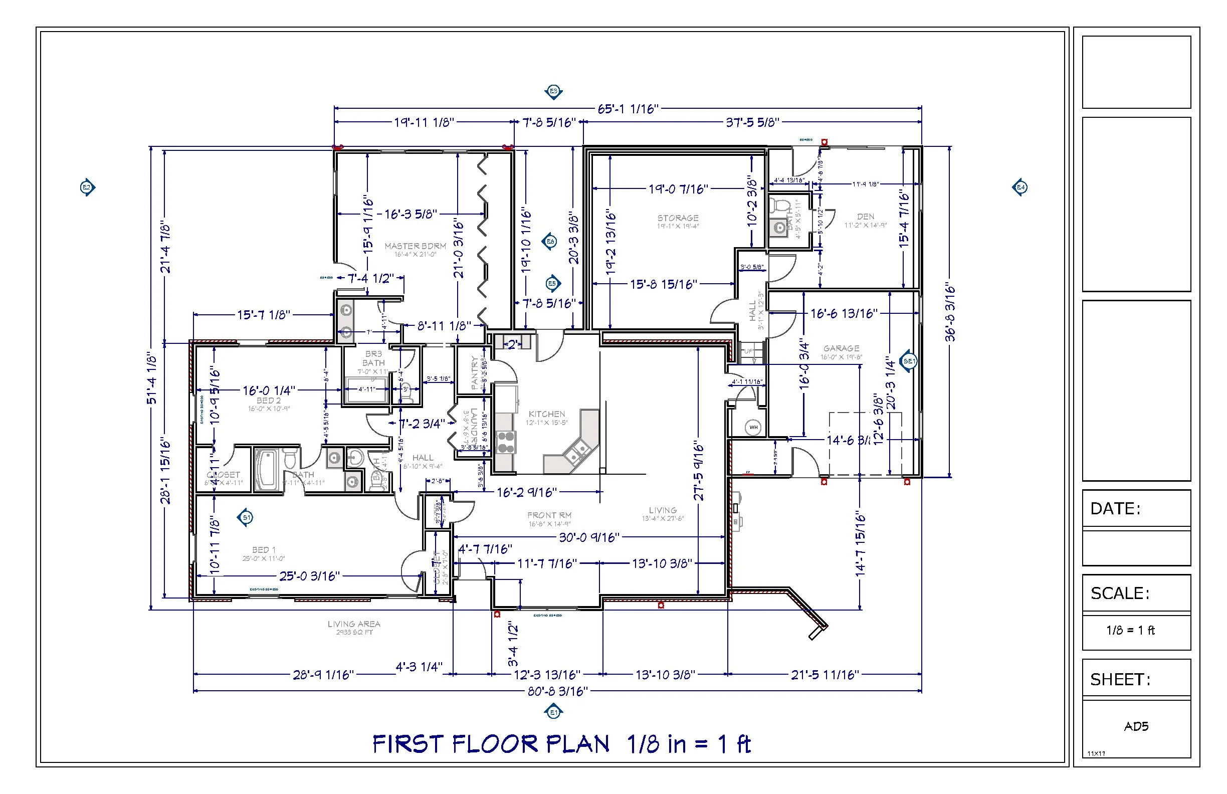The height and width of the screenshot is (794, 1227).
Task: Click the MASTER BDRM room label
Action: (x=415, y=247)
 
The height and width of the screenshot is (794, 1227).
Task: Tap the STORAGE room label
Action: (x=678, y=218)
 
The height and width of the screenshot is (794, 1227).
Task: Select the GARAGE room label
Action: (x=841, y=349)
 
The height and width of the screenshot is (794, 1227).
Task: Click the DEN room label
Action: (x=866, y=217)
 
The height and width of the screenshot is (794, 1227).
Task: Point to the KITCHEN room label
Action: (x=546, y=414)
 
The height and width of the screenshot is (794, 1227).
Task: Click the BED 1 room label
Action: (x=264, y=550)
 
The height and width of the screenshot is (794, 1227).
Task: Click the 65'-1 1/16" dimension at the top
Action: (x=629, y=109)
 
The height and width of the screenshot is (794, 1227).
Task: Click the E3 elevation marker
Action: (x=553, y=92)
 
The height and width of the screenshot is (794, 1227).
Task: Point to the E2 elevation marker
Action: (x=87, y=187)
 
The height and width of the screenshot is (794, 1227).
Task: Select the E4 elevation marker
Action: (x=1020, y=187)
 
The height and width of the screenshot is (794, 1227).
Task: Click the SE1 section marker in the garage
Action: (x=909, y=361)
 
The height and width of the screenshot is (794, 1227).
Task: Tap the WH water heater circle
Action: (x=753, y=428)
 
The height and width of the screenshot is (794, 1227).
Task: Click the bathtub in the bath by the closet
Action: (x=267, y=470)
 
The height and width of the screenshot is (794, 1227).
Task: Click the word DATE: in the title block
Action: (x=1115, y=509)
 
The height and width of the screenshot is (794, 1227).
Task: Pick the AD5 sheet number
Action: (x=1136, y=726)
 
